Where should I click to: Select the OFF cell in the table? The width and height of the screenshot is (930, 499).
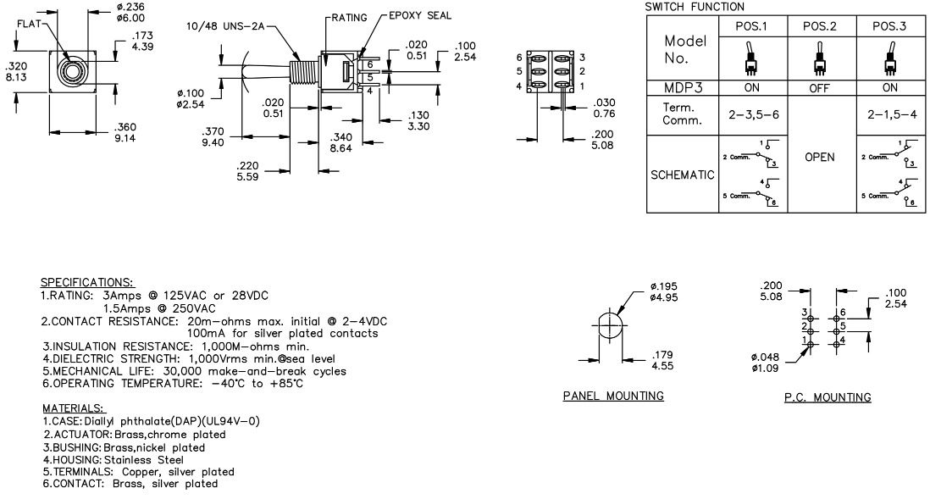pos(820,86)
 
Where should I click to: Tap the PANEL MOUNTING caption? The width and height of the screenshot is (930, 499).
pos(614,396)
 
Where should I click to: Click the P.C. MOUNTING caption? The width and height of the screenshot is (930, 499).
pos(829,396)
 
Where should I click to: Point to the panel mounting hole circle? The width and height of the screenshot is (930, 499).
pos(612,327)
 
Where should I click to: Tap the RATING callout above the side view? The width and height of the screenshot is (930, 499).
pos(348,16)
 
